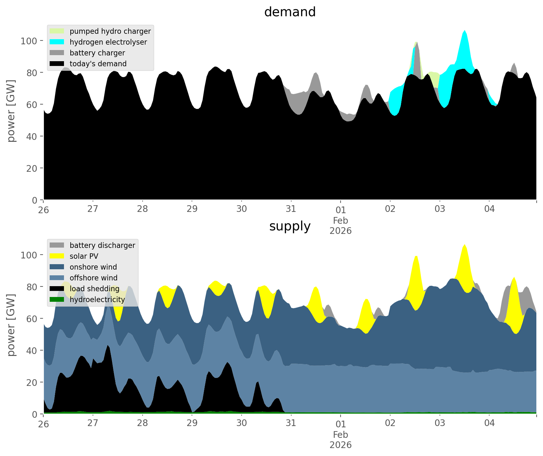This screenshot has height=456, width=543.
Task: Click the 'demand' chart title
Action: [290, 12]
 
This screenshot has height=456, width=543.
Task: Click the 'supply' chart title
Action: [290, 226]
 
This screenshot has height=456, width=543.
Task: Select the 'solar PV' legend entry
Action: [84, 256]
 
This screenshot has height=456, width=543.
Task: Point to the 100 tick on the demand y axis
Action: [29, 41]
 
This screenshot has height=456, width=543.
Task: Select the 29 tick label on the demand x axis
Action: [192, 209]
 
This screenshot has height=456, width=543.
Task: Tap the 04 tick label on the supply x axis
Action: [489, 423]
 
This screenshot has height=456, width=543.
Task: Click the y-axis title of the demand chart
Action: [11, 111]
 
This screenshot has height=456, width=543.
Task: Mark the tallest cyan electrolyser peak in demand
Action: [465, 31]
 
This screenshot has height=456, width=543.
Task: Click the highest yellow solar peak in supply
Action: [465, 245]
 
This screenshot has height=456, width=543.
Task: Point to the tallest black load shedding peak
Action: [108, 346]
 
